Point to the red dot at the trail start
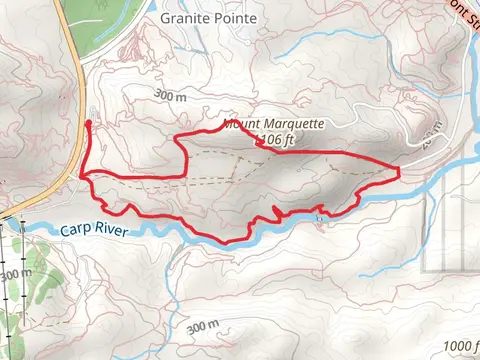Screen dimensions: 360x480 pos(88,123)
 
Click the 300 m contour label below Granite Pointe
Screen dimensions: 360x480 pos(171,97)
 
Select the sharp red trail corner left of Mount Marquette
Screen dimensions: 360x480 pos(177,137)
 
